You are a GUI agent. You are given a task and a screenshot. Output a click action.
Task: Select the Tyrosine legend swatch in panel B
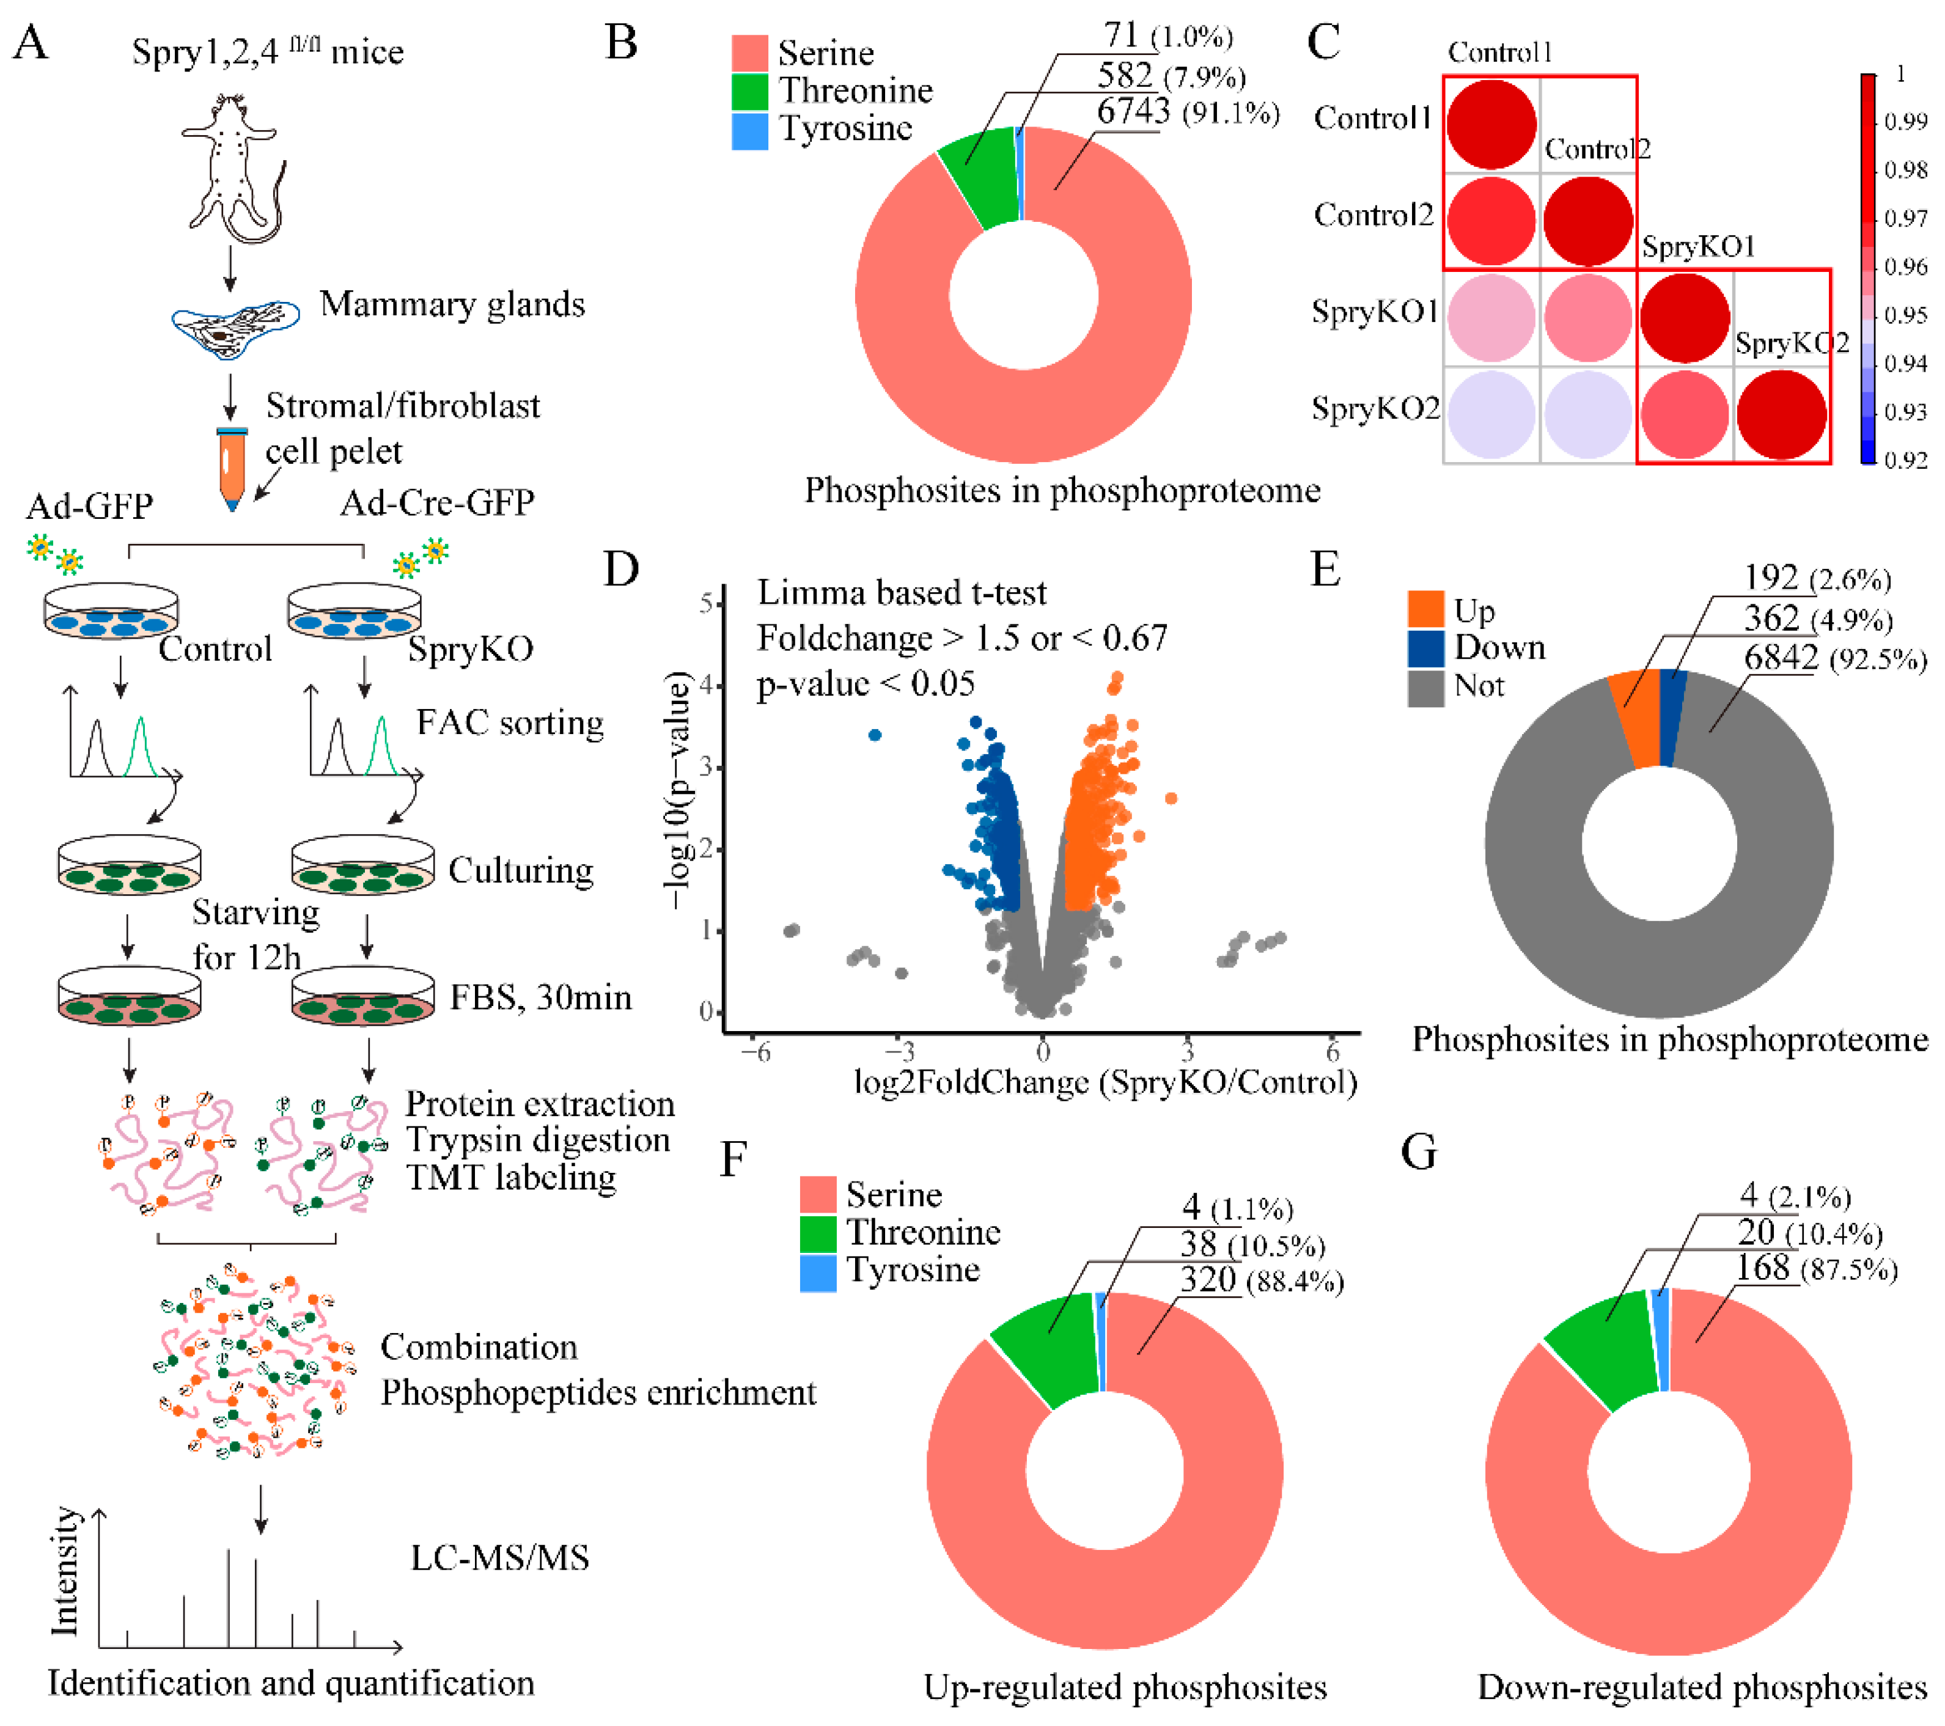pos(750,130)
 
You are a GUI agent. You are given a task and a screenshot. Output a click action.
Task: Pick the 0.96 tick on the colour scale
pos(1905,266)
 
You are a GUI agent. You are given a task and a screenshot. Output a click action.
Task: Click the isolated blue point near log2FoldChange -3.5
pos(875,735)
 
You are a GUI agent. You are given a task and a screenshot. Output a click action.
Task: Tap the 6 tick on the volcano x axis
pos(1332,1051)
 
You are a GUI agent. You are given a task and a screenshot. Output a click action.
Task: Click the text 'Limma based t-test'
pos(901,593)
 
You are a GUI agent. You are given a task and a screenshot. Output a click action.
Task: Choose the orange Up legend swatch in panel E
pos(1425,609)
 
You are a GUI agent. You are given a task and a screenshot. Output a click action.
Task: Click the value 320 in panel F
pos(1208,1280)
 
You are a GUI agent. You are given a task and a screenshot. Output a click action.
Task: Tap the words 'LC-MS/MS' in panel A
pos(499,1557)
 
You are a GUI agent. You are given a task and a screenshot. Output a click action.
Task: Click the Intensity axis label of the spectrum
pos(65,1571)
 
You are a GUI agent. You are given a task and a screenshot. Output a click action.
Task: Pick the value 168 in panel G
pos(1762,1268)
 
